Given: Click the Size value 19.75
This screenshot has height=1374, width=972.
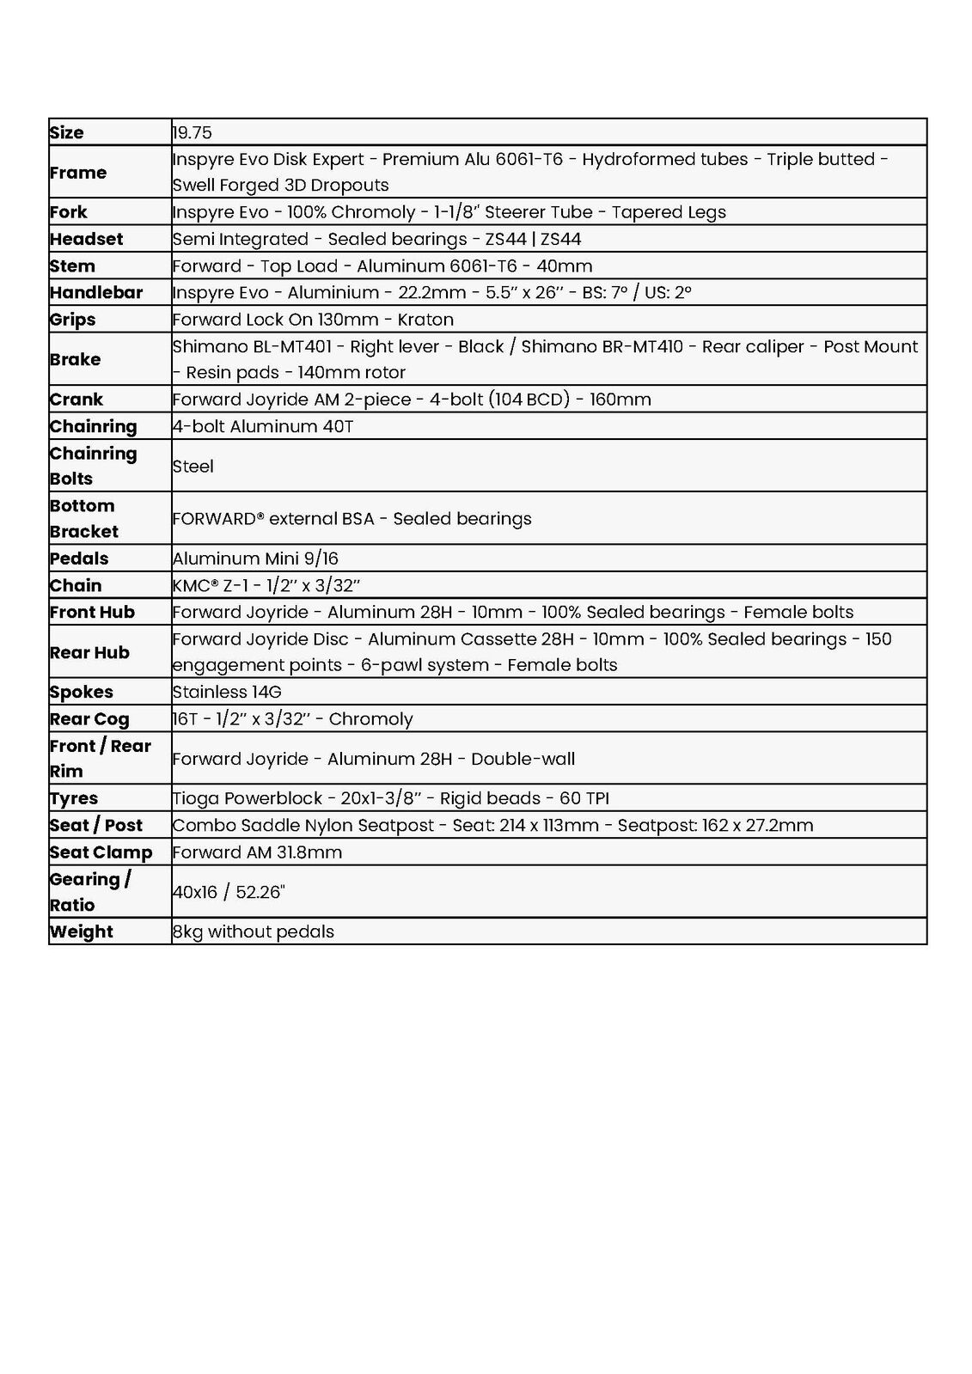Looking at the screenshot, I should tap(193, 132).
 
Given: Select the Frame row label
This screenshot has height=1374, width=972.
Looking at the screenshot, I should tap(78, 172).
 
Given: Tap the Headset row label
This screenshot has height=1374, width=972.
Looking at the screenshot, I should tap(86, 239).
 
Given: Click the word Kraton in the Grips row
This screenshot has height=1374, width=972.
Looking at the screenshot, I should tap(425, 320).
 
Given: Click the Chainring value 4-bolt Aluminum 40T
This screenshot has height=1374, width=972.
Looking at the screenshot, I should tap(263, 426).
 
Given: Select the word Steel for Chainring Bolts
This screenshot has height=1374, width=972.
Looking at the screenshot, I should tap(193, 466).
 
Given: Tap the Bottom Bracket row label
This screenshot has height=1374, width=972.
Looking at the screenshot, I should tap(83, 518).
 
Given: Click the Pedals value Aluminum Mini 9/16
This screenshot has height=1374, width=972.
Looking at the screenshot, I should tap(255, 559).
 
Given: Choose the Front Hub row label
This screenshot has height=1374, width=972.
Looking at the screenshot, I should tap(92, 612).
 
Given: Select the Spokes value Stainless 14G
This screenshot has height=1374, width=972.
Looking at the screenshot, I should tap(227, 692).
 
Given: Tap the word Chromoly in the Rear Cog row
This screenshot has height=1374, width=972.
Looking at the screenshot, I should tap(370, 719).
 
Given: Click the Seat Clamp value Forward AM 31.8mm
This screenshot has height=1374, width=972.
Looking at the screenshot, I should tap(257, 852).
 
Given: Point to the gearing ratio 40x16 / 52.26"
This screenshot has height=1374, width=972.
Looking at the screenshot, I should tap(229, 892).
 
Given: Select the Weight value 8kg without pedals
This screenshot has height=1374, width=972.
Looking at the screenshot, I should tap(254, 931).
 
